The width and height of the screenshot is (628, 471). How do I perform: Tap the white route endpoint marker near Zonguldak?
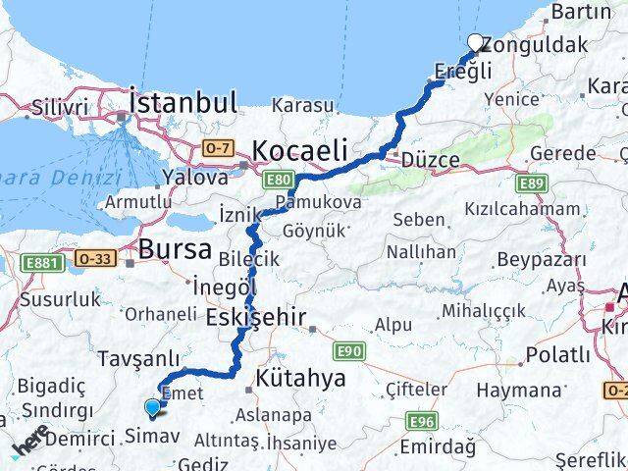[x=476, y=42]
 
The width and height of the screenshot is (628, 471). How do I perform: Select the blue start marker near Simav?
[x=152, y=407]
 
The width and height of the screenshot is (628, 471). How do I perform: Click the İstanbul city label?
[x=183, y=102]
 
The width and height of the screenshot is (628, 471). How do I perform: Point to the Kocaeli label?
[x=299, y=150]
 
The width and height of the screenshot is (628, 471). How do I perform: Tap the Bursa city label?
[x=175, y=249]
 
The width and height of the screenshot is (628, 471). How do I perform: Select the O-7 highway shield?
[x=217, y=147]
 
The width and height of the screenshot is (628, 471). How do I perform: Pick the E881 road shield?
[x=45, y=262]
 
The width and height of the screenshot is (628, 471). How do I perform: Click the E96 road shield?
[x=423, y=421]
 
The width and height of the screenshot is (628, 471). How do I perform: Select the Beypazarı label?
[x=541, y=259]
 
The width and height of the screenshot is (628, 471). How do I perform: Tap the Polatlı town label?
[x=557, y=354]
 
